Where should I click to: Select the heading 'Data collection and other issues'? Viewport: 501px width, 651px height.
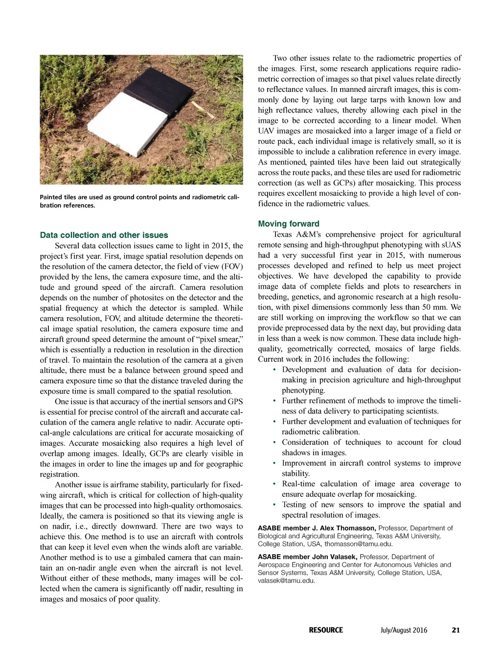click(104, 235)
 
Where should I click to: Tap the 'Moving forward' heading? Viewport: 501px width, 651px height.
click(289, 224)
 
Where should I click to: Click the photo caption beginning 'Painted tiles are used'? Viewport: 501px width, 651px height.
click(139, 201)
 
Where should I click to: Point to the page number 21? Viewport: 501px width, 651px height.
click(455, 630)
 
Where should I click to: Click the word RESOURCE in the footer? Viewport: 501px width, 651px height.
click(326, 630)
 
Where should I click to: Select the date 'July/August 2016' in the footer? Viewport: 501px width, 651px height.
click(404, 630)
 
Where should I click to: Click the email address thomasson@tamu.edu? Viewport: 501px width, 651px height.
click(359, 544)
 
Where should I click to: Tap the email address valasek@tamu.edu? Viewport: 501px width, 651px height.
click(286, 581)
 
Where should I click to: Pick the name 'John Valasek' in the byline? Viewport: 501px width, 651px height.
click(333, 557)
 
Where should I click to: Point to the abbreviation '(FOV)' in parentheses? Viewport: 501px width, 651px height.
click(231, 266)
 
